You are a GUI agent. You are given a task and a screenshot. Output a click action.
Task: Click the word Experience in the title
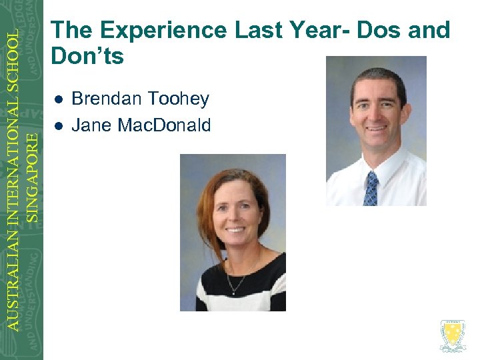tap(157, 31)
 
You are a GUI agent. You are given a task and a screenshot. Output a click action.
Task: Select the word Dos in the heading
tap(360, 31)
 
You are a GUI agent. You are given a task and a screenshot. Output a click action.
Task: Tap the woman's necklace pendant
tap(232, 289)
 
